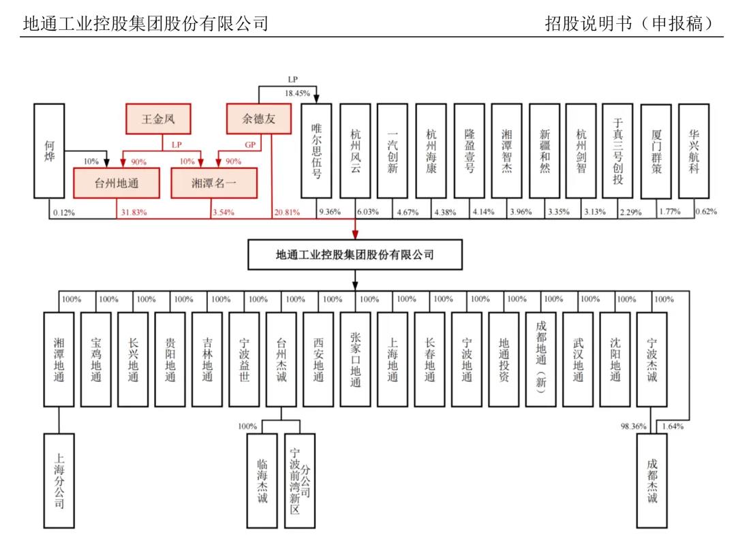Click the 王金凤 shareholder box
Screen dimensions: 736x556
click(x=158, y=119)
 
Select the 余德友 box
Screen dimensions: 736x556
click(x=259, y=119)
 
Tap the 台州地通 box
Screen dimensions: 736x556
click(x=117, y=183)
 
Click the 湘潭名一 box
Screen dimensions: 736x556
click(x=214, y=183)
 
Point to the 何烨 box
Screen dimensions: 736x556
click(x=49, y=151)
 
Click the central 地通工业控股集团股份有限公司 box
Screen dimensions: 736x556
click(x=355, y=255)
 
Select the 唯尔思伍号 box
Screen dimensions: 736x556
click(x=316, y=151)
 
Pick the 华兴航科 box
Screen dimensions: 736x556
click(x=694, y=151)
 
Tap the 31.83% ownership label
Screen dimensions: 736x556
click(x=134, y=213)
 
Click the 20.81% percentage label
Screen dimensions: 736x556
click(x=287, y=213)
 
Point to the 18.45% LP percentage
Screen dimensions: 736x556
click(x=297, y=93)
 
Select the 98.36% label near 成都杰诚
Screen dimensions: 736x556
click(x=633, y=427)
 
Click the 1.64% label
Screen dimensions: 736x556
click(x=673, y=427)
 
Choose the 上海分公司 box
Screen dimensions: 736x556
click(x=59, y=480)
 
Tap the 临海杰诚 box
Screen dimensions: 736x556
click(x=262, y=480)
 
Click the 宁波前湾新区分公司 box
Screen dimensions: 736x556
click(x=299, y=480)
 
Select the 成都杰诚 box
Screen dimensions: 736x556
click(x=652, y=480)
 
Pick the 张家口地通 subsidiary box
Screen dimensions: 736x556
click(x=355, y=359)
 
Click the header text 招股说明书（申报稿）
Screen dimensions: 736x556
click(x=629, y=23)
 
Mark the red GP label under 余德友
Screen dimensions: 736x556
click(x=250, y=145)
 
